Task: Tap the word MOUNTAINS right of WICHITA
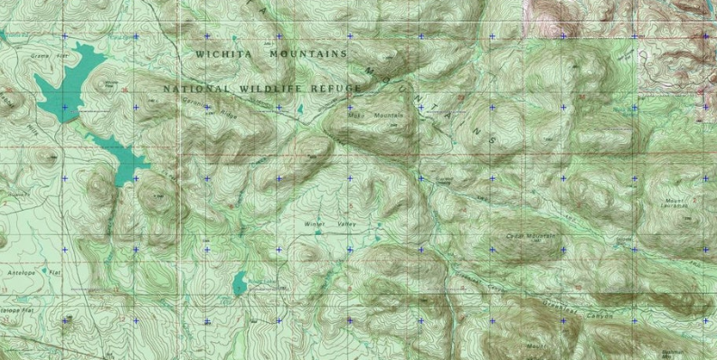click(x=307, y=54)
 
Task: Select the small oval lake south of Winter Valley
click(x=239, y=284)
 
